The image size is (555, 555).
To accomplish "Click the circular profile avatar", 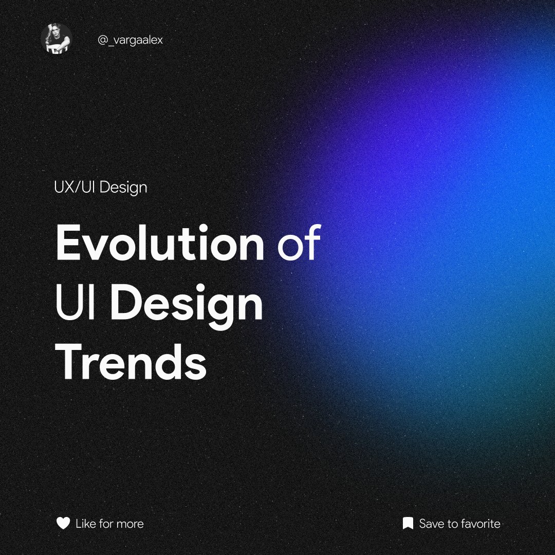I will pyautogui.click(x=56, y=40).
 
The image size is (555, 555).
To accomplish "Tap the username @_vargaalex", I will pyautogui.click(x=130, y=40).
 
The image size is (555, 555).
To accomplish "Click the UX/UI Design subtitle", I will pyautogui.click(x=100, y=187).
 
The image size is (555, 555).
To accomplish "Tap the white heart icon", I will pyautogui.click(x=63, y=524).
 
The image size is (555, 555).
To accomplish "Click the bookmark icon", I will pyautogui.click(x=408, y=524).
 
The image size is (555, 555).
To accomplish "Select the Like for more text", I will pyautogui.click(x=109, y=524).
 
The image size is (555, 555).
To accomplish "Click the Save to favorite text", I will pyautogui.click(x=459, y=524).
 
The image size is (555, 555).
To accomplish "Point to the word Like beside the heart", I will pyautogui.click(x=85, y=524).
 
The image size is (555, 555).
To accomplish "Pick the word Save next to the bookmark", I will pyautogui.click(x=431, y=524).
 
